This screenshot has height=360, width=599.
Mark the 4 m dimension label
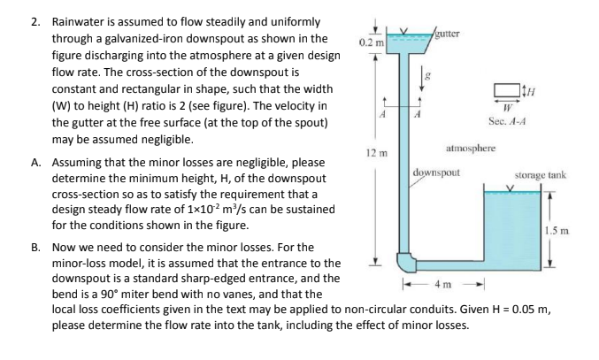click(438, 286)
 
